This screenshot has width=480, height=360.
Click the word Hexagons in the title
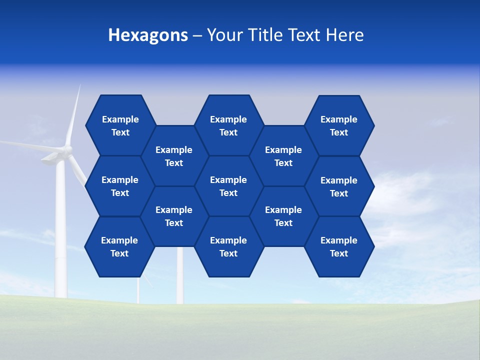click(x=148, y=35)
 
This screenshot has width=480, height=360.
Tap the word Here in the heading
click(x=345, y=35)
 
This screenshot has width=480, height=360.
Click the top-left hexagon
click(x=120, y=125)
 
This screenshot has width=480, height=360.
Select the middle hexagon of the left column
click(x=120, y=186)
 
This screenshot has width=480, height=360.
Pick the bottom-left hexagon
click(x=119, y=246)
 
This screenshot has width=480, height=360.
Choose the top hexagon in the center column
click(x=228, y=125)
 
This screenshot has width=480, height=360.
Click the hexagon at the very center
click(x=228, y=186)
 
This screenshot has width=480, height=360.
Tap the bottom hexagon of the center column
click(x=228, y=246)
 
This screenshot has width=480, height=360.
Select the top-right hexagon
click(x=339, y=125)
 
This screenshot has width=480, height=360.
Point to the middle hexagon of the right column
click(x=339, y=186)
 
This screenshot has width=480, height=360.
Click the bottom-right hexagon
click(x=339, y=246)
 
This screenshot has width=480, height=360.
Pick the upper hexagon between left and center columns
click(x=174, y=156)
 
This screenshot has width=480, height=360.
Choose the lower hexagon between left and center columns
click(x=174, y=216)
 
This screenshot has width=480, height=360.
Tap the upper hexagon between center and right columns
click(x=283, y=156)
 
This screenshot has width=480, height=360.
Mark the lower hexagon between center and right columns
click(x=283, y=216)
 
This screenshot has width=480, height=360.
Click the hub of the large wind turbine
click(x=66, y=149)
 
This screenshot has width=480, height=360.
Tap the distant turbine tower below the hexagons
click(x=180, y=275)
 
